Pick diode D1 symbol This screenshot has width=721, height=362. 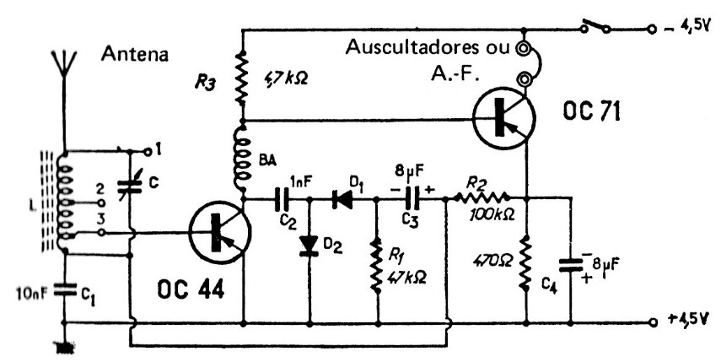[343, 199]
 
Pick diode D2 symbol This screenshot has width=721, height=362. [310, 246]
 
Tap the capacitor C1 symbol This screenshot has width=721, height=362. [63, 290]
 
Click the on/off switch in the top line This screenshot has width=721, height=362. [596, 29]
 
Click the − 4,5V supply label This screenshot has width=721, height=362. [685, 28]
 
